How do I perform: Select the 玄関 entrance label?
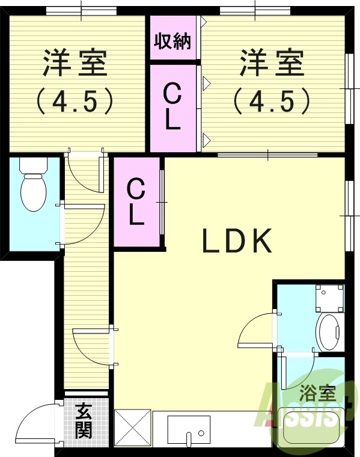pos(84,422)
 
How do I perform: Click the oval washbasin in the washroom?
pos(329,332)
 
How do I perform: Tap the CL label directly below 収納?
pos(172,107)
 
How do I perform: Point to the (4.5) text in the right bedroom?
pos(272,101)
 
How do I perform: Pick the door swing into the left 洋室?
pos(83,171)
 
